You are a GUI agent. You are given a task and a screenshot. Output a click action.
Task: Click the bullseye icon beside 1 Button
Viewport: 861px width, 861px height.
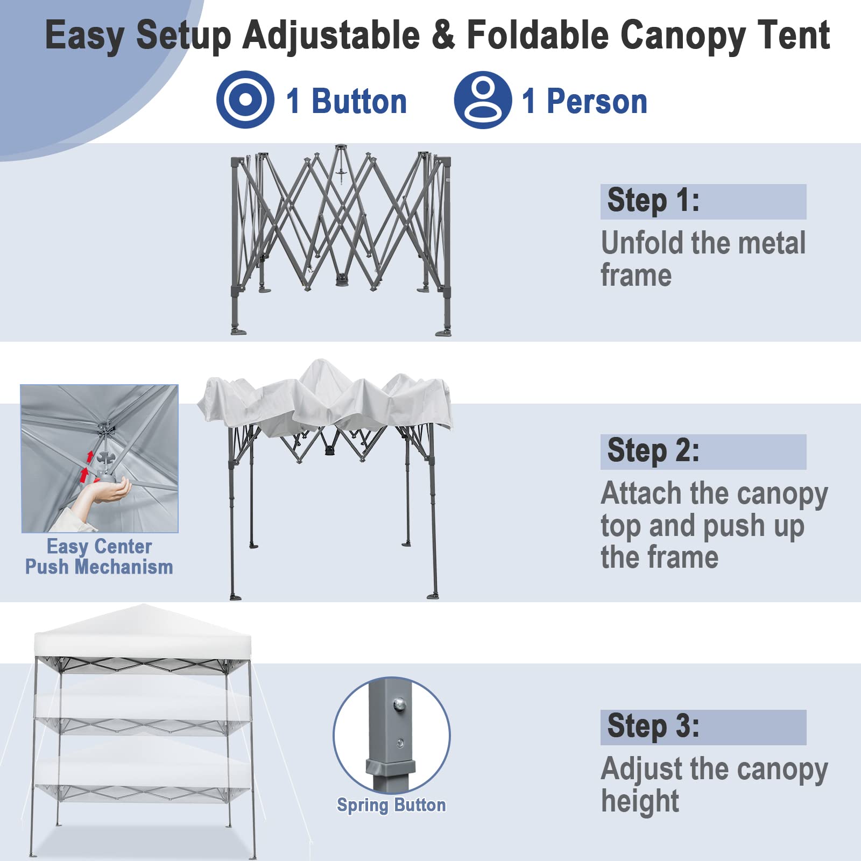(x=245, y=100)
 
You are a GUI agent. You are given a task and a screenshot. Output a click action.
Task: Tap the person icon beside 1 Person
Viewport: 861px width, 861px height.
(x=483, y=100)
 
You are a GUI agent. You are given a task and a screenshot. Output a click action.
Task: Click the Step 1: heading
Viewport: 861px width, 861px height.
(x=653, y=201)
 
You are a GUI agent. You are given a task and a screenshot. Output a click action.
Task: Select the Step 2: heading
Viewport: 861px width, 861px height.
(x=653, y=451)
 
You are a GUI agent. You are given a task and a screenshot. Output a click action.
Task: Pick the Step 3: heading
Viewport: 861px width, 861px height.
(x=653, y=726)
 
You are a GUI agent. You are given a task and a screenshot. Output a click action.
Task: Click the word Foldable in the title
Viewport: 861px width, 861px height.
(x=537, y=35)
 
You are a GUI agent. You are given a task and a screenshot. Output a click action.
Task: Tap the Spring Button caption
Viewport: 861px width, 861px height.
(x=391, y=805)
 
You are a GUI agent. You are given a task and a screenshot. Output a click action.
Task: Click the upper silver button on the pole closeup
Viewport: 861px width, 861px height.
(x=399, y=703)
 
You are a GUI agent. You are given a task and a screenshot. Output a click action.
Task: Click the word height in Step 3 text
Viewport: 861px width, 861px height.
(x=640, y=801)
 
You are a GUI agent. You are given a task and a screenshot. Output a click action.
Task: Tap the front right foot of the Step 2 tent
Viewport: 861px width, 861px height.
(x=433, y=595)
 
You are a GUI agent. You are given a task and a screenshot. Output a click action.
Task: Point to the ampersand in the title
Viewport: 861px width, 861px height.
(x=442, y=35)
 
